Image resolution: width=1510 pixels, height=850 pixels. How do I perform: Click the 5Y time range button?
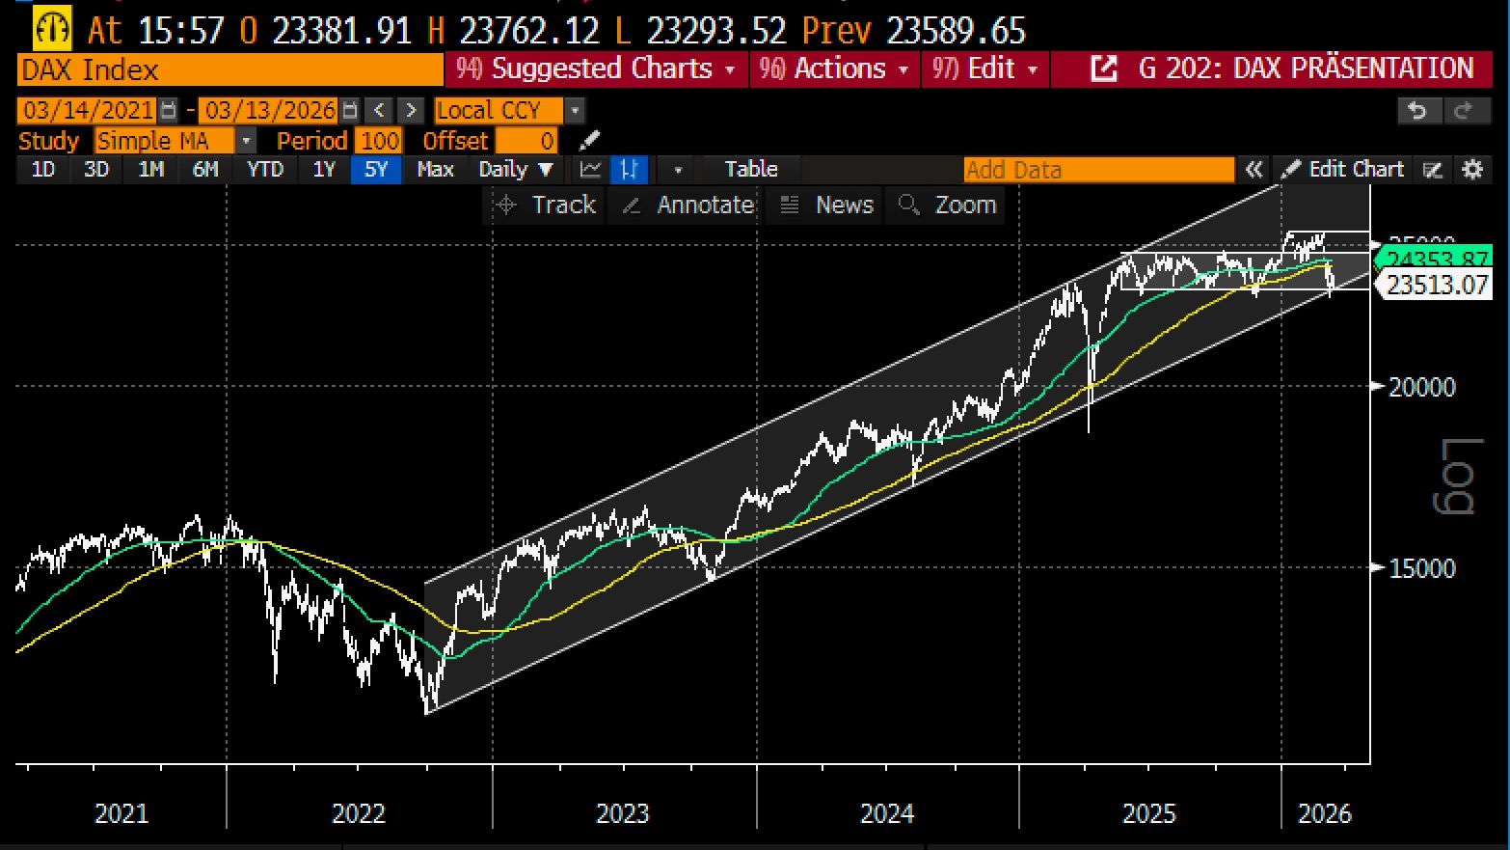(375, 170)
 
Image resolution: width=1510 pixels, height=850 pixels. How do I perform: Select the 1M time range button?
(151, 170)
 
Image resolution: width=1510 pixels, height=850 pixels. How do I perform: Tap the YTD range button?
(264, 170)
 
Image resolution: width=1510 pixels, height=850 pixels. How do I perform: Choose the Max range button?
(435, 170)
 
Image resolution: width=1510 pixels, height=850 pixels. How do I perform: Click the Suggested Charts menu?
(596, 69)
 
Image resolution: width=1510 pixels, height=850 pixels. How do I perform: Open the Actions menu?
(834, 69)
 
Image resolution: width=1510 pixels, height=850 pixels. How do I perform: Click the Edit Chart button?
(1343, 170)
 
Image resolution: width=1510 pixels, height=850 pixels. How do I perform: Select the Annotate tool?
(688, 205)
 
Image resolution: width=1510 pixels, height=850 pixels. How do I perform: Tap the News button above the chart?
(828, 205)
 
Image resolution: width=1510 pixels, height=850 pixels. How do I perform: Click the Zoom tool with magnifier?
(948, 205)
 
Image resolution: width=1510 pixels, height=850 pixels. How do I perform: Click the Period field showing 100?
(379, 141)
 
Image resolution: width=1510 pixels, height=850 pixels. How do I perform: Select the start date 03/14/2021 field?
(88, 110)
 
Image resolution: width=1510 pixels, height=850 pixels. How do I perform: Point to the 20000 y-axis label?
(1421, 387)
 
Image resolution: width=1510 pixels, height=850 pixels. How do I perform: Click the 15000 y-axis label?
(1421, 568)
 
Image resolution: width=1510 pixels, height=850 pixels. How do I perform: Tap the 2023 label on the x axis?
(622, 813)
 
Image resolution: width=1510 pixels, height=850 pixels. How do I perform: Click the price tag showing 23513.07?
(1437, 285)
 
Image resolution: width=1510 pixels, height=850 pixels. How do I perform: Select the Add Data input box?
(1098, 170)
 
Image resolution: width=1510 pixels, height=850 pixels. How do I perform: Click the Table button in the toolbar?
(750, 170)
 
